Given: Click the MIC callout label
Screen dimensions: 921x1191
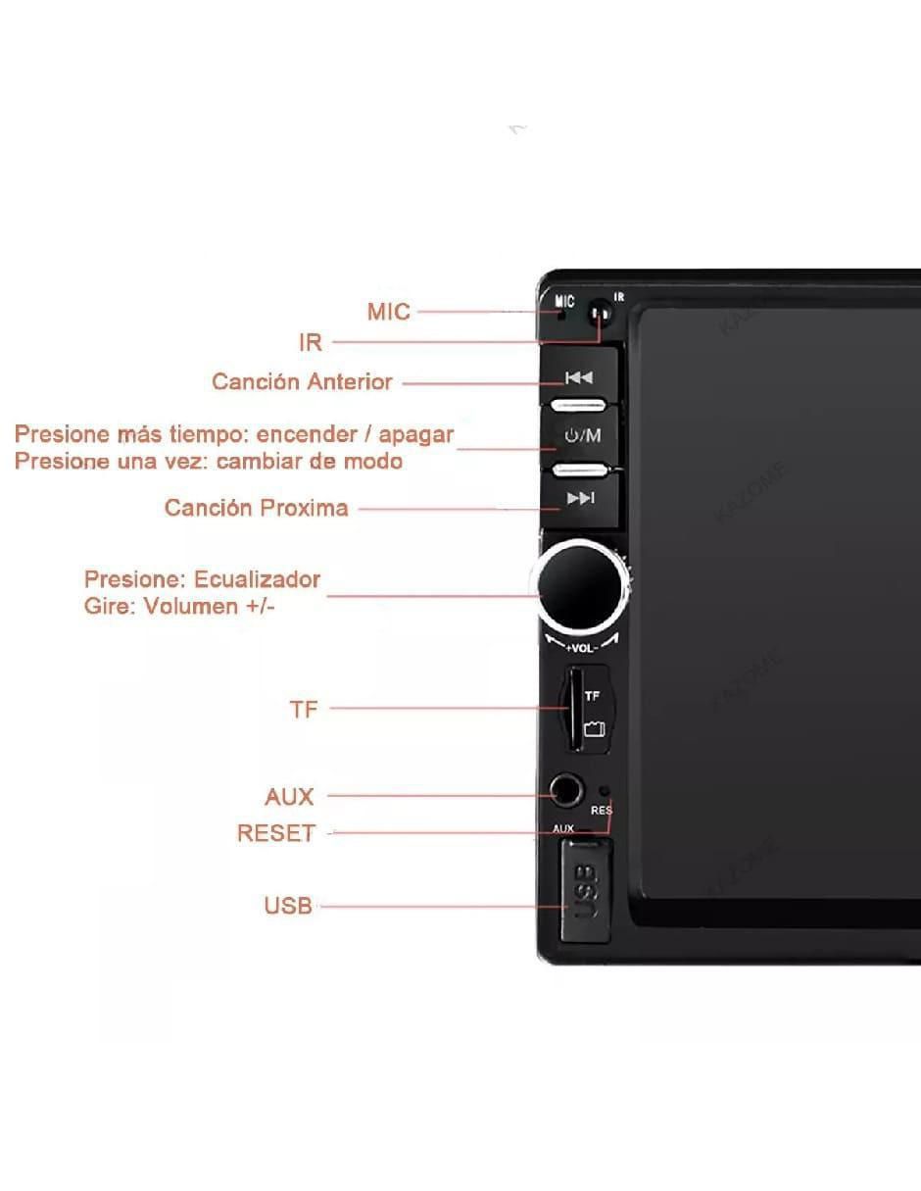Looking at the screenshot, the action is pyautogui.click(x=388, y=312).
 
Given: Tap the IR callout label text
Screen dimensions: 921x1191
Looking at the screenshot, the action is pyautogui.click(x=311, y=342).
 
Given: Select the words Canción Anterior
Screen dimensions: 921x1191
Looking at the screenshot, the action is pyautogui.click(x=302, y=381).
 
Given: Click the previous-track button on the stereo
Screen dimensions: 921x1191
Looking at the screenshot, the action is pyautogui.click(x=579, y=377).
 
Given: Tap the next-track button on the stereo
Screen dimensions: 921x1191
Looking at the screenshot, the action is pyautogui.click(x=580, y=498).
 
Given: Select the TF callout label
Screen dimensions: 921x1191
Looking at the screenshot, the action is pyautogui.click(x=304, y=710).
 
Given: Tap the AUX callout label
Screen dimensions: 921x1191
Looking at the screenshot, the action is pyautogui.click(x=289, y=797).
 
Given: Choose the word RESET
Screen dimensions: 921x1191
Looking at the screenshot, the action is pyautogui.click(x=276, y=833).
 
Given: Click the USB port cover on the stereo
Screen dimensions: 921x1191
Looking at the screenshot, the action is pyautogui.click(x=584, y=891).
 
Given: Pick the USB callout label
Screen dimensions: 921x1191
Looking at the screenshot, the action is pyautogui.click(x=288, y=906).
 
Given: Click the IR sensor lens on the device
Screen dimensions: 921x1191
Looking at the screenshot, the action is pyautogui.click(x=600, y=314).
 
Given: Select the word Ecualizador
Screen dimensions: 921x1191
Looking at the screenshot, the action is pyautogui.click(x=257, y=579).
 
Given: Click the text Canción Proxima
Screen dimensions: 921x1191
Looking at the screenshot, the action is pyautogui.click(x=257, y=508).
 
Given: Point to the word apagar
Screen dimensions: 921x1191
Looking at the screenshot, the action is pyautogui.click(x=416, y=435).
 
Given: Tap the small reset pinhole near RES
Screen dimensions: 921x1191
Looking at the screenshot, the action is pyautogui.click(x=605, y=791).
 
